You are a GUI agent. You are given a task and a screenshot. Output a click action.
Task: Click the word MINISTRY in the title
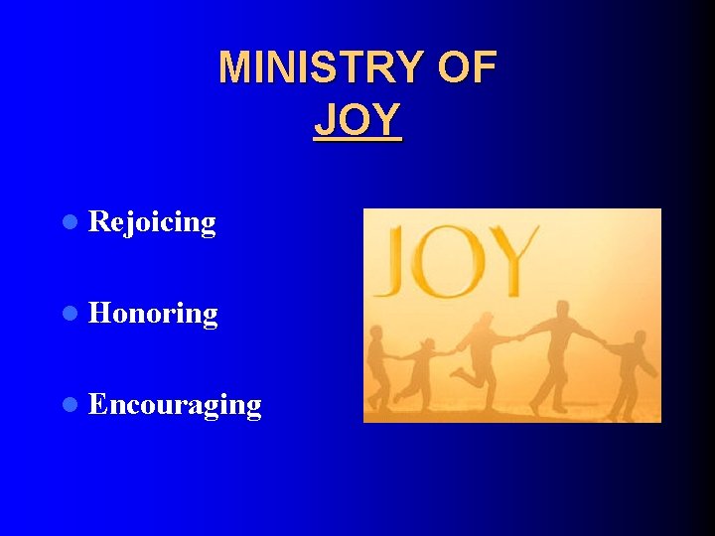[317, 67]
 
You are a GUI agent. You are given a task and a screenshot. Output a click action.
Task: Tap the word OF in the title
[465, 67]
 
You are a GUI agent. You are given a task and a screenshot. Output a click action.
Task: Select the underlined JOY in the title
[357, 120]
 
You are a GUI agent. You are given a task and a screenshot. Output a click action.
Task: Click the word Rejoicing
[152, 222]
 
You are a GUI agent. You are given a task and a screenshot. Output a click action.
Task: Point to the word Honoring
[153, 314]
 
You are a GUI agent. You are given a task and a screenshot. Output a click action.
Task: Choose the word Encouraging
[175, 405]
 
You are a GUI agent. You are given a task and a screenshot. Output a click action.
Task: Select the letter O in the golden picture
[453, 262]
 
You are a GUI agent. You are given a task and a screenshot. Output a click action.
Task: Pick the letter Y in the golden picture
[512, 260]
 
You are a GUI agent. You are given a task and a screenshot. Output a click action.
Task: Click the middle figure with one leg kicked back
[484, 357]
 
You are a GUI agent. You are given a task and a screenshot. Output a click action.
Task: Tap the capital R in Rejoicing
[98, 222]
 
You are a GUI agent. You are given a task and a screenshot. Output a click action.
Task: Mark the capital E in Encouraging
[97, 405]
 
